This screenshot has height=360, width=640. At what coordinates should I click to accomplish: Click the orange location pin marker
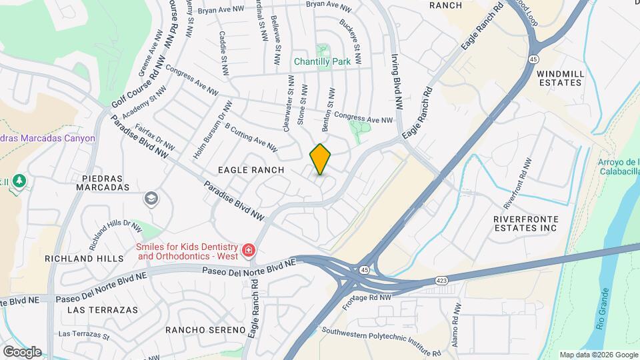pos(321,159)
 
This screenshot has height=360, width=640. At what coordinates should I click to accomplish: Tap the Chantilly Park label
pos(323,61)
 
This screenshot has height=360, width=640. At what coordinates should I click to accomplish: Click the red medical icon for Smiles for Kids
pos(248,250)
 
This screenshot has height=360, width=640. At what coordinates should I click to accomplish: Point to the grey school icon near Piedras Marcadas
pos(151,199)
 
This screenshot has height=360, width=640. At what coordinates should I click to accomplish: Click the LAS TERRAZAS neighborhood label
pos(103,310)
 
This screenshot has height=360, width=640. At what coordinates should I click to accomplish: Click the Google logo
pos(22,351)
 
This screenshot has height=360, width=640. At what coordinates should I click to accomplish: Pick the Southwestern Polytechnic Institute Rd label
pos(381,342)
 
